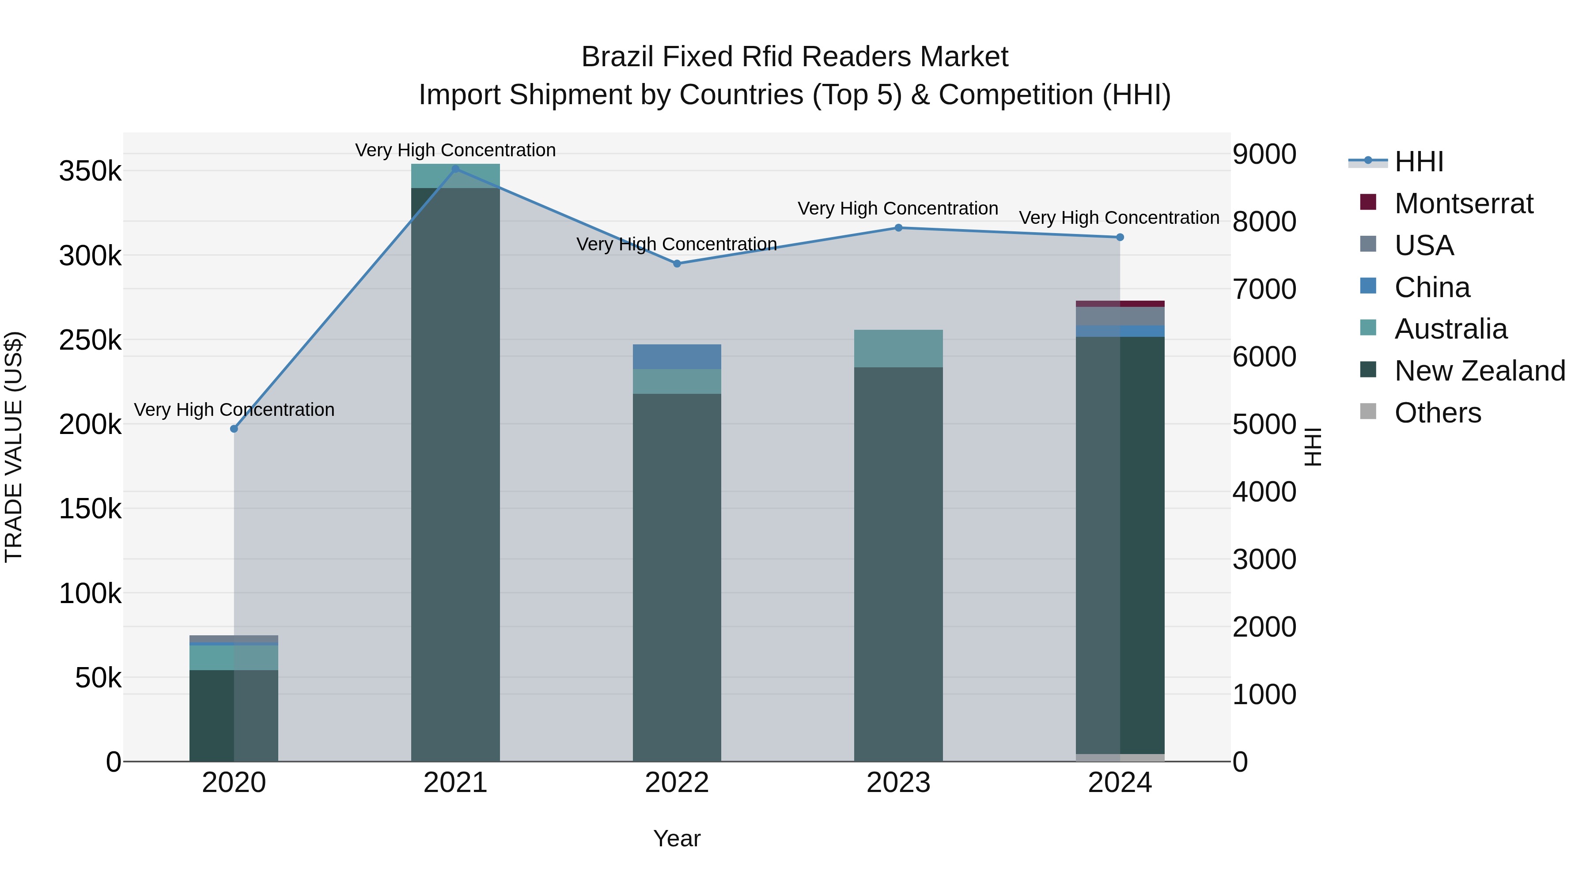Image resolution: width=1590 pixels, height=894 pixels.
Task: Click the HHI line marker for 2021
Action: click(455, 169)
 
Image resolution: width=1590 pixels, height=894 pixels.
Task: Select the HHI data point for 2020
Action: click(234, 429)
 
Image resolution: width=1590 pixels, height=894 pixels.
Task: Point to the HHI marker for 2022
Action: click(677, 264)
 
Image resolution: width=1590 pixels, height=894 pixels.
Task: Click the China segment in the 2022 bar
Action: click(677, 357)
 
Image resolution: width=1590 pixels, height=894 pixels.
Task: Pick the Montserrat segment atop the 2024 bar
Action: click(1120, 304)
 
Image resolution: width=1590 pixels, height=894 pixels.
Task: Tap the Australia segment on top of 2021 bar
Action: click(455, 176)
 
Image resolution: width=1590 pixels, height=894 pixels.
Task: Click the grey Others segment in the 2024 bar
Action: click(1120, 758)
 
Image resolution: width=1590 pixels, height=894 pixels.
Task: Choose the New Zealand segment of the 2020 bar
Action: click(234, 716)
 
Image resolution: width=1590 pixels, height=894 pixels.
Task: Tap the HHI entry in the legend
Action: click(1418, 162)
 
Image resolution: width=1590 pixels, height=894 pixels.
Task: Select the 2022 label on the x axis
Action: click(677, 783)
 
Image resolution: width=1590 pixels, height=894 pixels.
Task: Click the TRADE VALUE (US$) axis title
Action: click(14, 447)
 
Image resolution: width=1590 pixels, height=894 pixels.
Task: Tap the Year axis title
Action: click(677, 838)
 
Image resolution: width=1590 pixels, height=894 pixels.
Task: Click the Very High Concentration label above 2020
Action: click(234, 410)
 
